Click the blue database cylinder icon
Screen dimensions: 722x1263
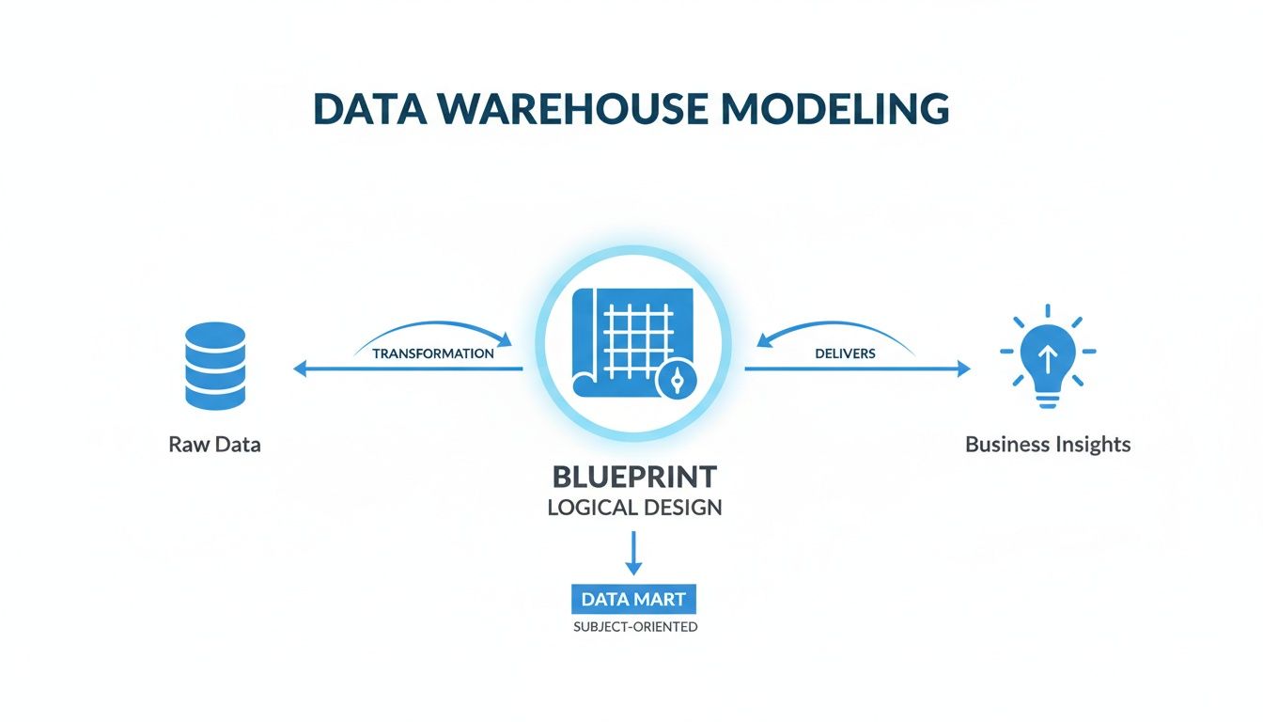(215, 366)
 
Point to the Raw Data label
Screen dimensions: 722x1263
(214, 445)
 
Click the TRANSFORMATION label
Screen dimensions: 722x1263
(433, 353)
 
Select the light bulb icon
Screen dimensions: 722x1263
(1048, 358)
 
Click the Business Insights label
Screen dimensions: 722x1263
(1048, 445)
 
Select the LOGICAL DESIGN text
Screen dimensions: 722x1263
(633, 509)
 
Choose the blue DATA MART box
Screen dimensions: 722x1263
(633, 599)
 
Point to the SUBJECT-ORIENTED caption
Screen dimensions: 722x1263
(634, 627)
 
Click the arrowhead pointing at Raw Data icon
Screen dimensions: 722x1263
(300, 369)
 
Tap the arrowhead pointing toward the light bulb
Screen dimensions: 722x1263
(963, 369)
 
